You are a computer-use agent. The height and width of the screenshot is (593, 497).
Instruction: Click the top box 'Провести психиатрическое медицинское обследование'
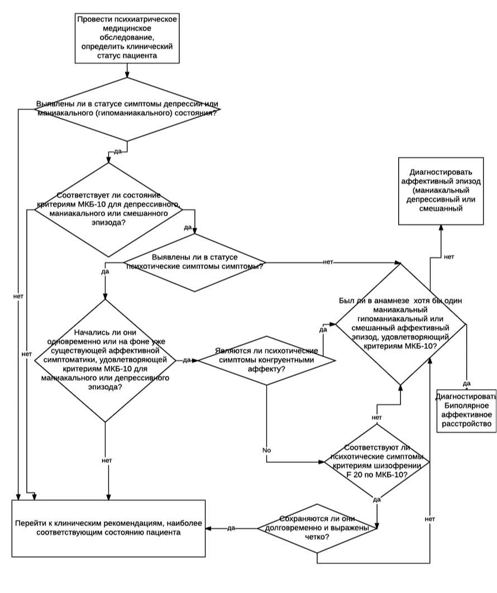[x=127, y=38]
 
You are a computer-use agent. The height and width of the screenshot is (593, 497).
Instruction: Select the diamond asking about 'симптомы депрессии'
[x=127, y=109]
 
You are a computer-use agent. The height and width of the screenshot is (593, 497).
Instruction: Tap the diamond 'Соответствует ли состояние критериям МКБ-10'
[x=108, y=210]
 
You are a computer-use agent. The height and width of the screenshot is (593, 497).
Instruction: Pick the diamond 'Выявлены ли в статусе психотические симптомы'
[x=195, y=262]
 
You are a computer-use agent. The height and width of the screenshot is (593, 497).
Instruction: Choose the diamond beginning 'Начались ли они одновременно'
[x=105, y=360]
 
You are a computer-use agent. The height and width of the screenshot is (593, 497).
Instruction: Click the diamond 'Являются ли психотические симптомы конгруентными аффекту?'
[x=267, y=360]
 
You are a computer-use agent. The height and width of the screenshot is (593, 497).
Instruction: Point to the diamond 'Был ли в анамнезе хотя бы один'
[x=400, y=324]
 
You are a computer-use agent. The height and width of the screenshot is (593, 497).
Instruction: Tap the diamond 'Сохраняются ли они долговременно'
[x=317, y=528]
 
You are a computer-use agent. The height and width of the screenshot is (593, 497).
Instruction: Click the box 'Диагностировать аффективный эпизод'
[x=441, y=191]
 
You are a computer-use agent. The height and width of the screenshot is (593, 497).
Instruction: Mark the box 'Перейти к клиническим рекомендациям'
[x=108, y=528]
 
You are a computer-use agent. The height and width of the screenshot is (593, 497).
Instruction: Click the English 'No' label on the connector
[x=267, y=451]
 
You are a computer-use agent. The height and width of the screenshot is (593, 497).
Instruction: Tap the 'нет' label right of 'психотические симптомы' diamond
[x=328, y=262]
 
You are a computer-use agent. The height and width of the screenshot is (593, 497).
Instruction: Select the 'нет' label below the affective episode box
[x=449, y=257]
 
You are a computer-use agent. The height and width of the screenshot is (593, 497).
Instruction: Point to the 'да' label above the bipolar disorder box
[x=466, y=384]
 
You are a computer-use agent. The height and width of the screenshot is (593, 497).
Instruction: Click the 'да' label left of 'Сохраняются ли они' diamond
[x=232, y=528]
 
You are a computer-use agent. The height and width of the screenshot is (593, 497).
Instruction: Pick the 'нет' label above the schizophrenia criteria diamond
[x=377, y=418]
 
